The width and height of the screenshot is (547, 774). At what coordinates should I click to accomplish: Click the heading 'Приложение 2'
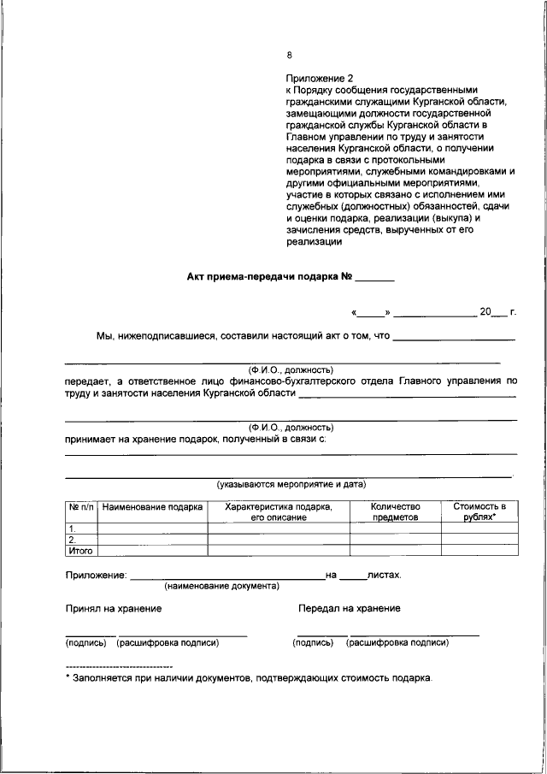coord(317,77)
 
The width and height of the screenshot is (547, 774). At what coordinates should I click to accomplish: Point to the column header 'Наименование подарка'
coord(152,507)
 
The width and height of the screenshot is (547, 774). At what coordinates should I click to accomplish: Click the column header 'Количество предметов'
coord(395,512)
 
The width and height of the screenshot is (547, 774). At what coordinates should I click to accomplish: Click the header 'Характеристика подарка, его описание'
coord(278,512)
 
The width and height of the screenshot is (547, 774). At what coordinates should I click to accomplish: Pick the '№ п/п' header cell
coord(80,507)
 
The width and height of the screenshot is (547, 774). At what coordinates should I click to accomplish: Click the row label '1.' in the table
coord(74,529)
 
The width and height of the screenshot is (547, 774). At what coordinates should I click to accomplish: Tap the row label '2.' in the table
coord(74,540)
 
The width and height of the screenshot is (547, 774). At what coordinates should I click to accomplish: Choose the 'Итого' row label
coord(79,551)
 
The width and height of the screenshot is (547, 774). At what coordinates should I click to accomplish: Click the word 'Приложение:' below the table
coord(96,576)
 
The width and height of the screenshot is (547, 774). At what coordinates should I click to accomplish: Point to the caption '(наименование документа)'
coord(222,587)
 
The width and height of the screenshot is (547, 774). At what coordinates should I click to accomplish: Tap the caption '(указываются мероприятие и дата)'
coord(291,484)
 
